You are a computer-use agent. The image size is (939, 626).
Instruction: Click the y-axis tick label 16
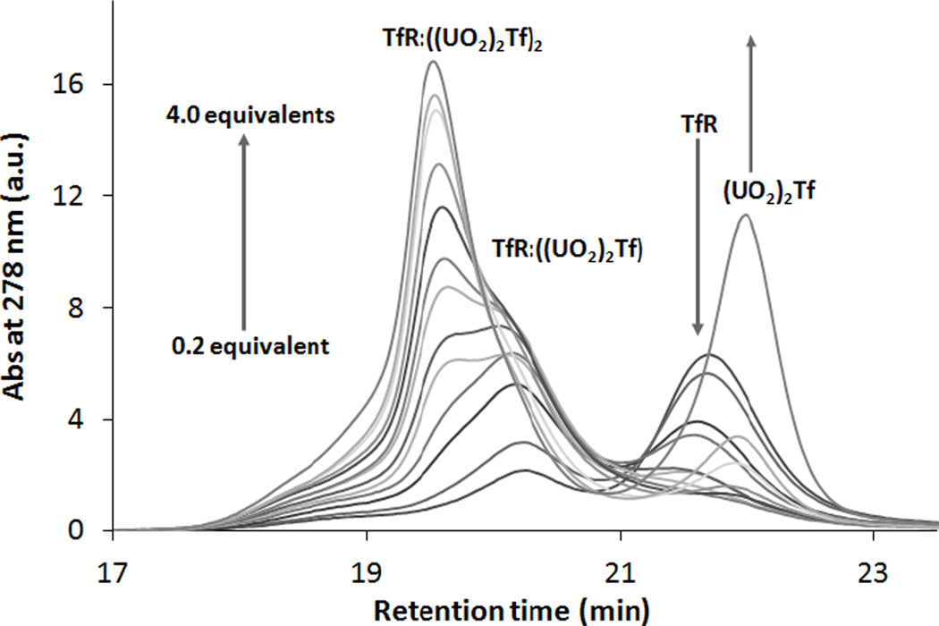click(72, 85)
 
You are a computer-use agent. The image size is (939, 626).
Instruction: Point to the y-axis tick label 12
click(72, 197)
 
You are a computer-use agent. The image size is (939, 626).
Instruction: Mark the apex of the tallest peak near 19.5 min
click(434, 62)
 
